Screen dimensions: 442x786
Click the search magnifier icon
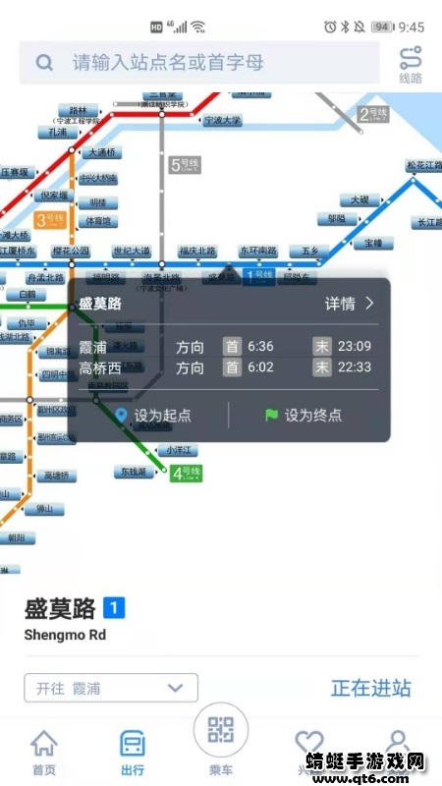44,63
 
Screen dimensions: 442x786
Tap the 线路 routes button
410,65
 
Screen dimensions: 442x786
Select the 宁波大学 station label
222,121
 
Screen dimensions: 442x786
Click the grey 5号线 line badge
185,165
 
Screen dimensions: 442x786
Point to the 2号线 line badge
375,114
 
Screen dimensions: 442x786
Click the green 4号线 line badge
186,474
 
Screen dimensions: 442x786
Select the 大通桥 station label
101,152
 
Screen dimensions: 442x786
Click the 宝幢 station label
373,242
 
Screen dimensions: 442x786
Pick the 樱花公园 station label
73,252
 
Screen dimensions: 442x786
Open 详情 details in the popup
350,304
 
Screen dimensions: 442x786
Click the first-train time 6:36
261,346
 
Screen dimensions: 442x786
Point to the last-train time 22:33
354,367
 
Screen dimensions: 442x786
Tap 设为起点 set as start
153,416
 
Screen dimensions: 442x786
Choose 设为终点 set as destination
304,416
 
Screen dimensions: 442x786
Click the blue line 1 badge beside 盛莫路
115,609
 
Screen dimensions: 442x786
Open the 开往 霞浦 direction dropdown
111,688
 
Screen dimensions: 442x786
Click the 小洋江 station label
183,449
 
